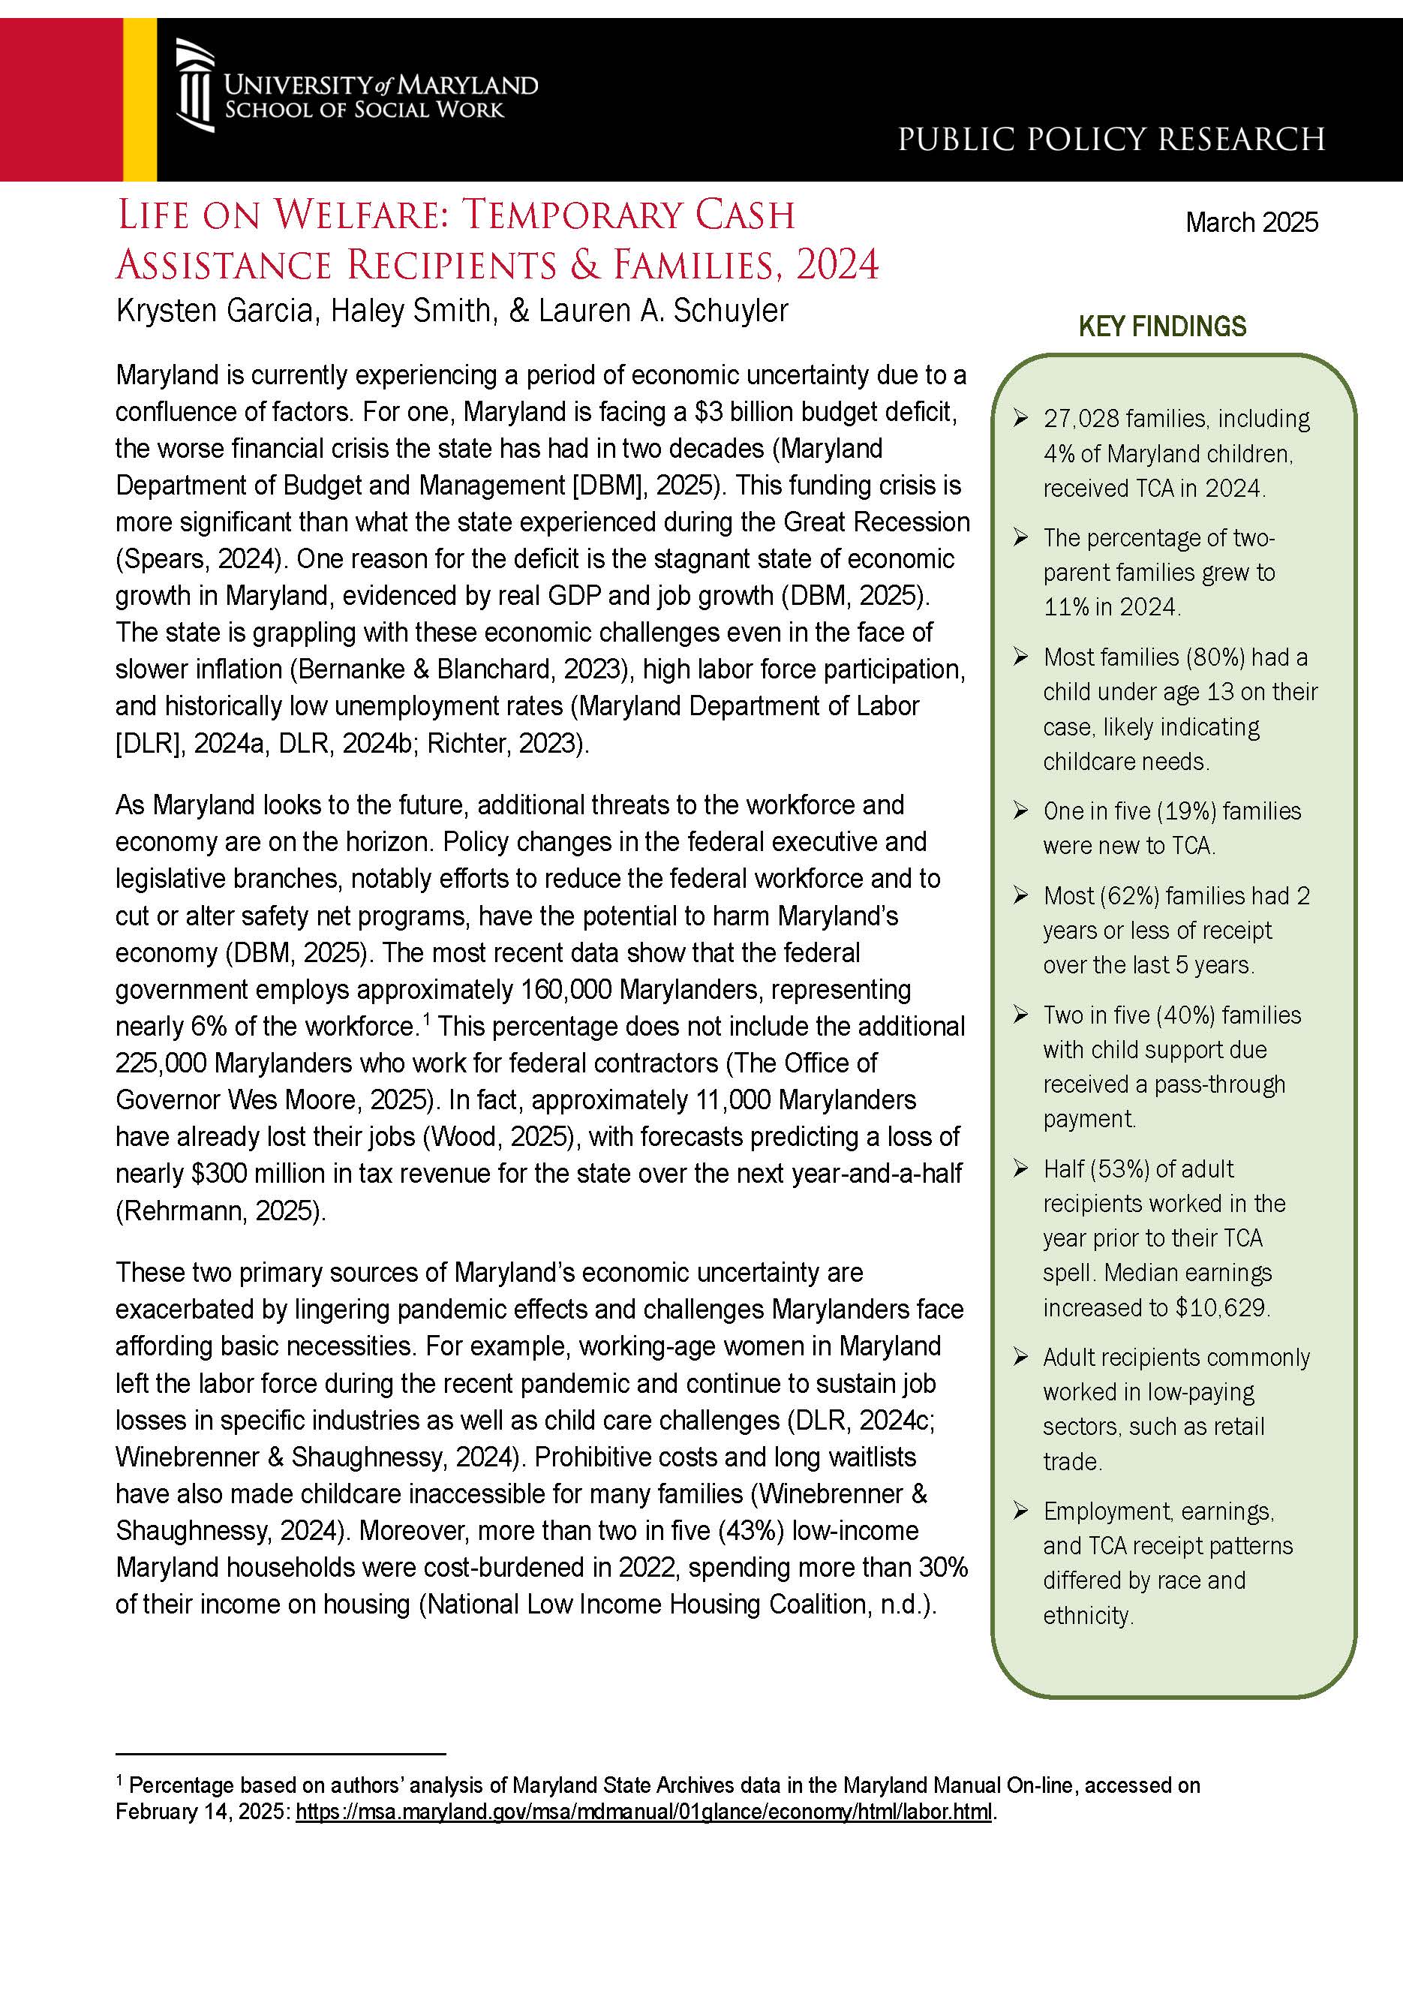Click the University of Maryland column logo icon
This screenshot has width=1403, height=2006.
tap(195, 86)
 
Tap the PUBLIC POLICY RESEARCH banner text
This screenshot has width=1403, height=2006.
tap(1111, 140)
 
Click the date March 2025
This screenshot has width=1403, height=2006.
tap(1251, 223)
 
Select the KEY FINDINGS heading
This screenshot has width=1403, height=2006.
tap(1162, 326)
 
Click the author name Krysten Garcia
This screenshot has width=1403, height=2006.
tap(215, 311)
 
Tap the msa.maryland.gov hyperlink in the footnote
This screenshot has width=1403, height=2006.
tap(644, 1811)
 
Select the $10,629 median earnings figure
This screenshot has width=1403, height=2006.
tap(1221, 1308)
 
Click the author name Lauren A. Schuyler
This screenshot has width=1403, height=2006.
tap(663, 311)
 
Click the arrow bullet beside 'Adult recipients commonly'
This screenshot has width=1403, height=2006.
tap(1020, 1357)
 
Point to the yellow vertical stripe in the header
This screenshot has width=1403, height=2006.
tap(140, 100)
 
